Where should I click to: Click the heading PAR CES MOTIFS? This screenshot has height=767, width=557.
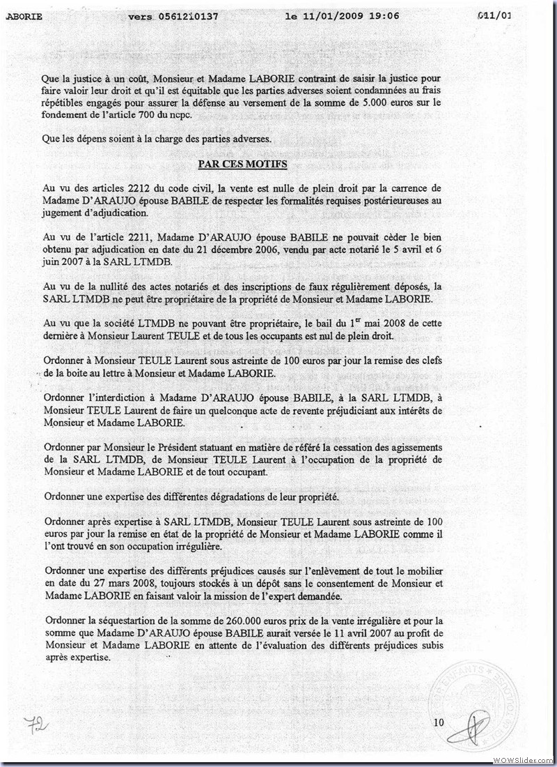[242, 165]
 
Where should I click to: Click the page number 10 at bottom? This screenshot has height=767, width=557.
[439, 722]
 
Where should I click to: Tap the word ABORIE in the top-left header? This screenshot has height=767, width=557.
[24, 15]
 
